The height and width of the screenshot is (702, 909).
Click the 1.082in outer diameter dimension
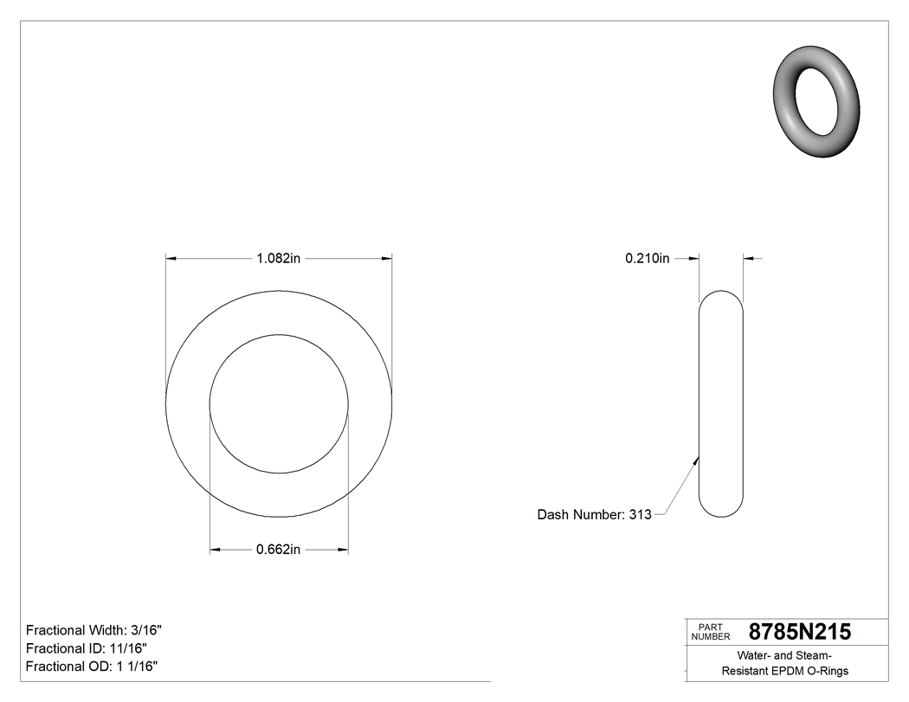pyautogui.click(x=278, y=258)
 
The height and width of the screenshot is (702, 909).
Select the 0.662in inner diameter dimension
pyautogui.click(x=278, y=550)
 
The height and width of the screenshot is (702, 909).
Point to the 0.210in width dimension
pyautogui.click(x=647, y=258)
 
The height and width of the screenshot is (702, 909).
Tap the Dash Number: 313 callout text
pyautogui.click(x=594, y=515)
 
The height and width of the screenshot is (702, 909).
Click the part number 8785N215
pyautogui.click(x=799, y=633)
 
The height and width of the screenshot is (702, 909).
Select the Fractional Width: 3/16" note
pyautogui.click(x=93, y=631)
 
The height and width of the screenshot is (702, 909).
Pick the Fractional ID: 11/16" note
pyautogui.click(x=87, y=648)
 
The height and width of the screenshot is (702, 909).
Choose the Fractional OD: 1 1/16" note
pyautogui.click(x=92, y=667)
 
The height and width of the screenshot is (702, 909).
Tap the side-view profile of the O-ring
pyautogui.click(x=720, y=403)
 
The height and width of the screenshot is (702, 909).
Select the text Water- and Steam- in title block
pyautogui.click(x=784, y=655)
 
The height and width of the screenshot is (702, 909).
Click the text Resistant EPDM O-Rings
pyautogui.click(x=784, y=671)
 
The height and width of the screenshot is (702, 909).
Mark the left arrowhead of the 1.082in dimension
pyautogui.click(x=171, y=258)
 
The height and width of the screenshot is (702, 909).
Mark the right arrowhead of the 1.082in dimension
pyautogui.click(x=387, y=258)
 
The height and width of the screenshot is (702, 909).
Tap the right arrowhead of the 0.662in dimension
pyautogui.click(x=343, y=550)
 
